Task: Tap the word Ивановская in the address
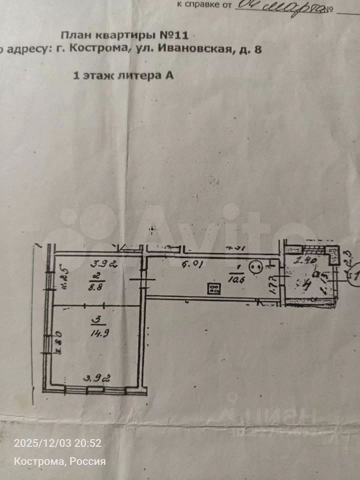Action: coord(195,49)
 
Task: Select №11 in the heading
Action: coord(174,35)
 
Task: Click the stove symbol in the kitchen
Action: coord(214,288)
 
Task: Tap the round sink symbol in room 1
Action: coord(257,267)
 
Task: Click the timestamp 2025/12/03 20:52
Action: coord(57,443)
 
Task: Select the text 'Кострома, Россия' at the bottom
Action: coord(59,461)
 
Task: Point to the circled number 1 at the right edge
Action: coord(355,275)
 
